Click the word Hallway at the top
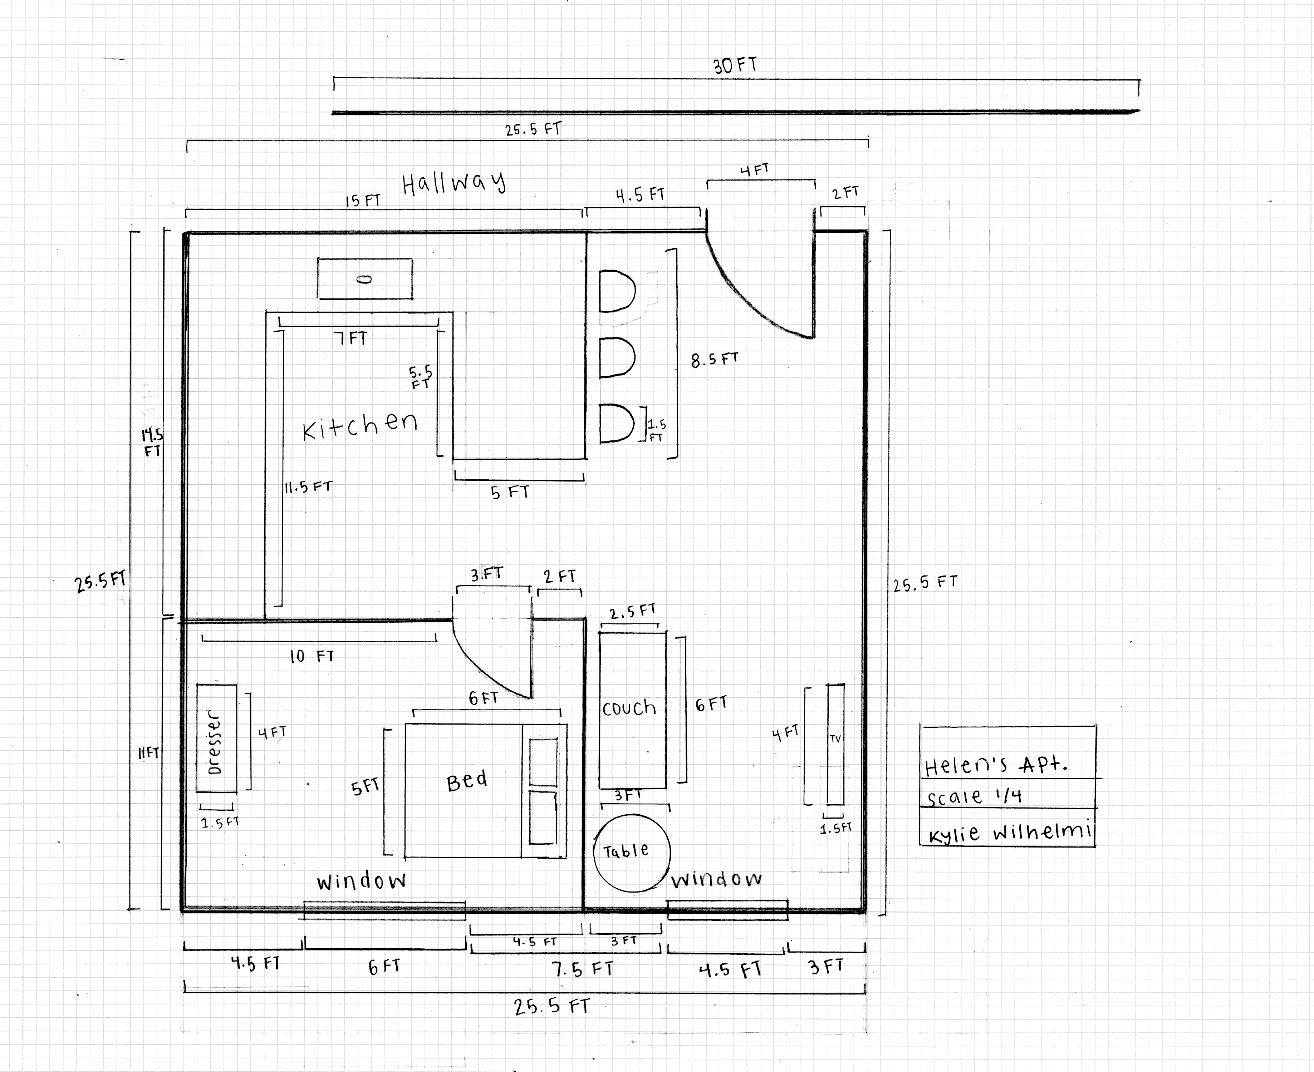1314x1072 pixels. click(x=454, y=183)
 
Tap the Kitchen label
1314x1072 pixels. click(x=360, y=425)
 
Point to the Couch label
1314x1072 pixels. click(x=629, y=708)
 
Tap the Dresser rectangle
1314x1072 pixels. click(x=216, y=738)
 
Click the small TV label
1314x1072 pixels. click(x=835, y=738)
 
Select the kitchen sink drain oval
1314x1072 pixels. click(x=364, y=279)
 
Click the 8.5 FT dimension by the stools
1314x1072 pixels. click(x=714, y=359)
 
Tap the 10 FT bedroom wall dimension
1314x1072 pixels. click(x=312, y=656)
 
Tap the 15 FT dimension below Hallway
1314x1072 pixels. click(x=363, y=201)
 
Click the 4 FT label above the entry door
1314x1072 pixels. click(x=754, y=170)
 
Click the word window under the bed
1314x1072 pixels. click(x=362, y=880)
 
